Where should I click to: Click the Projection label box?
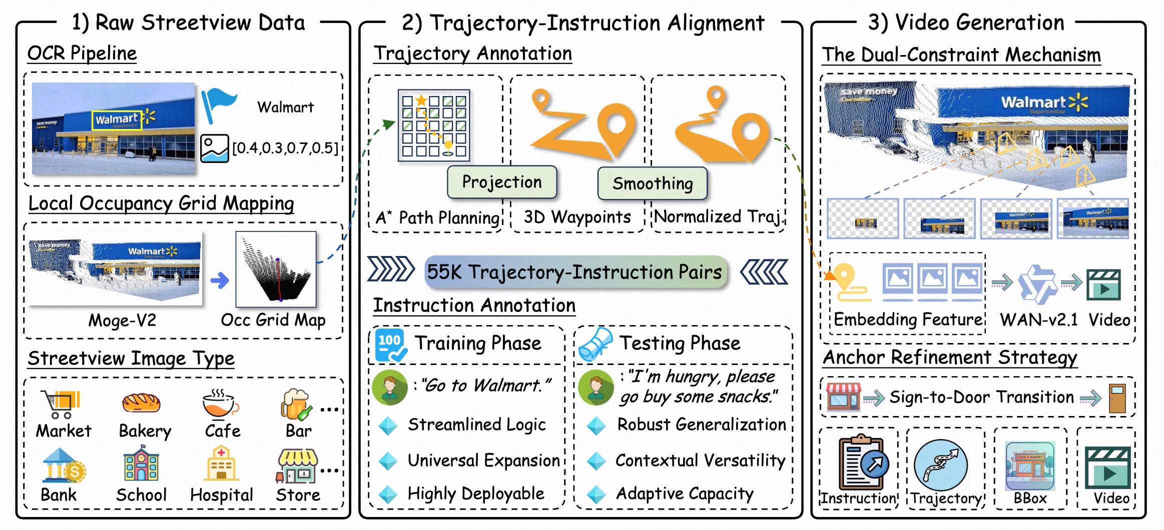click(x=501, y=182)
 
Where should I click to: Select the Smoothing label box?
click(x=653, y=183)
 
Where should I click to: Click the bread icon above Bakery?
click(x=141, y=403)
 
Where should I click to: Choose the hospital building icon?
click(x=221, y=464)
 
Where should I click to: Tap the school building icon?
click(x=142, y=464)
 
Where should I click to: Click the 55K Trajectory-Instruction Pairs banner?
click(x=575, y=272)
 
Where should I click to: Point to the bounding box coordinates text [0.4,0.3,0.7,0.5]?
click(x=285, y=148)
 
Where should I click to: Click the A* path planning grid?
click(x=434, y=125)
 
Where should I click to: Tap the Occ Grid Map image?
click(x=276, y=269)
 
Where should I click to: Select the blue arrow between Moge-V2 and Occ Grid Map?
click(x=219, y=280)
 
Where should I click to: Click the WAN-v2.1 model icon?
click(x=1038, y=284)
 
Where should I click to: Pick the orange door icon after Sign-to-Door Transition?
click(x=1117, y=398)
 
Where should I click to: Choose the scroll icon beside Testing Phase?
click(x=596, y=344)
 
